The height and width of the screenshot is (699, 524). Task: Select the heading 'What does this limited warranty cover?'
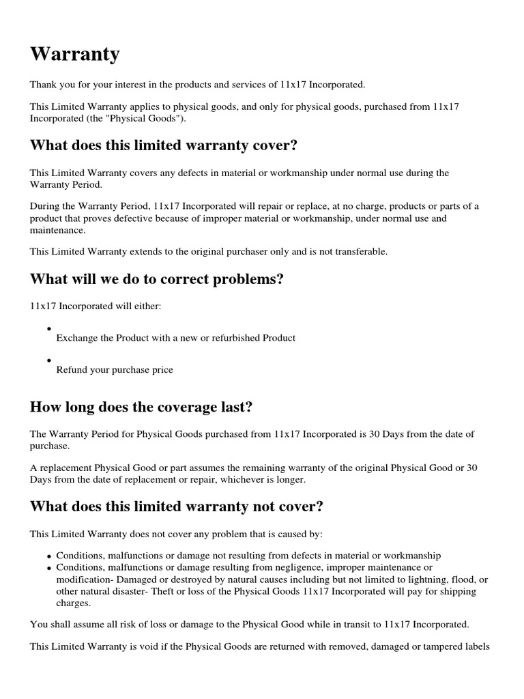point(164,145)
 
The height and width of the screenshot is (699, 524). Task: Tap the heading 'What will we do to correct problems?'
point(156,279)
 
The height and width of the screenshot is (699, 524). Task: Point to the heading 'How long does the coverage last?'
point(141,408)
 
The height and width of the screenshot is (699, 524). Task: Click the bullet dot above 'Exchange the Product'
point(50,328)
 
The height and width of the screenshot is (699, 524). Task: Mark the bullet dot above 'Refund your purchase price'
point(50,360)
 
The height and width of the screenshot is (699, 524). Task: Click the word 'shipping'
point(458,592)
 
